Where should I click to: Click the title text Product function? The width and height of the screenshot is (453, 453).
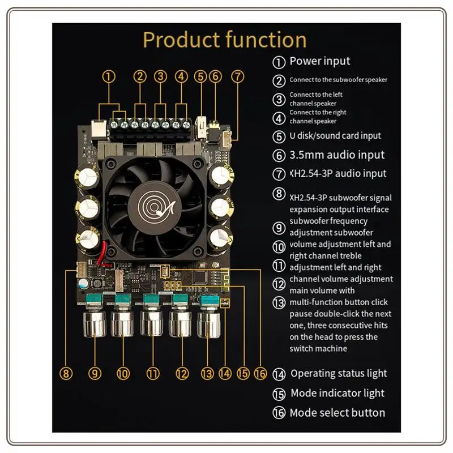point(225,40)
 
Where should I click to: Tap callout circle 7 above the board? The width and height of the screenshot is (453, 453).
point(238,76)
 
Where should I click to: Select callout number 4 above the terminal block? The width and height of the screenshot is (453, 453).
point(181,76)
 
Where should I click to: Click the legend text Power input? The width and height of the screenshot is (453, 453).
point(320,61)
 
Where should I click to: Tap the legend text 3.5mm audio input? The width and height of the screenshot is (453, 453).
point(337,155)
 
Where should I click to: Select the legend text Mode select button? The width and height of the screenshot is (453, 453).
point(337,413)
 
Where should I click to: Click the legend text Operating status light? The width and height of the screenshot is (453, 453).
point(339,373)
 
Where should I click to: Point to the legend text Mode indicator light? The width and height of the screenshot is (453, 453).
point(337,393)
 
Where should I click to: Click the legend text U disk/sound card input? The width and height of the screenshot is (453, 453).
point(335,136)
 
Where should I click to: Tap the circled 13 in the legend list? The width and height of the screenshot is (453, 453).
point(279,302)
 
